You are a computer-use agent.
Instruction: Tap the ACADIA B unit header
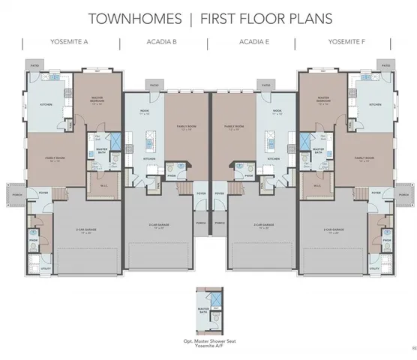[162, 42]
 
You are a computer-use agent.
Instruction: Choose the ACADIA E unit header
[255, 42]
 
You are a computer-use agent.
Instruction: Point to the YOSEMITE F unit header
[346, 42]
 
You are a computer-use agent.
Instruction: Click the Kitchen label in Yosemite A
[44, 103]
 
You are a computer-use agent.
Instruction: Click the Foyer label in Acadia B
[201, 193]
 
